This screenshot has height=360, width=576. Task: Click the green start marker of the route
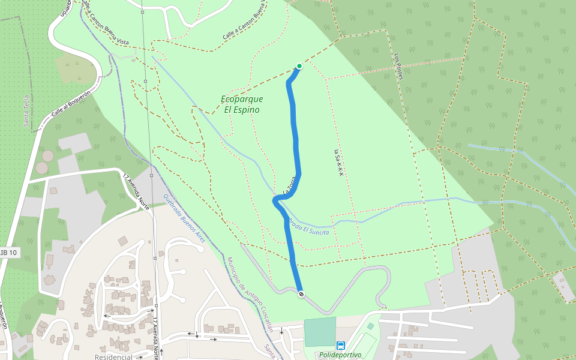coord(299,66)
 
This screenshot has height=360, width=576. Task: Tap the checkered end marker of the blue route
coord(301,293)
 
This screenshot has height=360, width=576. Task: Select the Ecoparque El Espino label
coord(242,104)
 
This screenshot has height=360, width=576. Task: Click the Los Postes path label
coord(398,66)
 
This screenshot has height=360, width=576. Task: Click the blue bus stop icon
coord(341,345)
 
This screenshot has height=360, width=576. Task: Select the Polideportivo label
coord(340,355)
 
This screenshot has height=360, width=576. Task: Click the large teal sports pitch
coord(320,332)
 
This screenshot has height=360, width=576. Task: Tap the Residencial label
coord(113,357)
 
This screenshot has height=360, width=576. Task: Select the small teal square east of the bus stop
coord(370,326)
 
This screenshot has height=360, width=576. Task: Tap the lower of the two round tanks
coord(41,167)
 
